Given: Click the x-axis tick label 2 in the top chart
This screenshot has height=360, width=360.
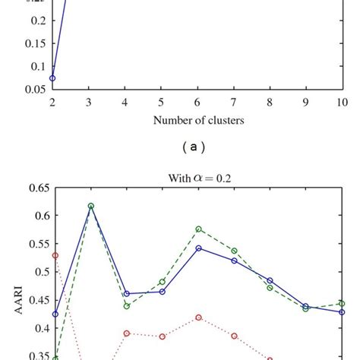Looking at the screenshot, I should tap(52, 101).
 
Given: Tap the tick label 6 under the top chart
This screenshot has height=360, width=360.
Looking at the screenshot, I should tap(197, 101).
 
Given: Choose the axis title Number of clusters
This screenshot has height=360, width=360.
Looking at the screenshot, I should tap(197, 119).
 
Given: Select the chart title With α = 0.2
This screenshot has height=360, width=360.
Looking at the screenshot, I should tap(197, 178).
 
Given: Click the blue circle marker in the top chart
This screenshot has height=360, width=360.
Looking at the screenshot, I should tap(52, 77).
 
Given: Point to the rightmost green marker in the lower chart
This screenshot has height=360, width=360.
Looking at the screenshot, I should tap(342, 303).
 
